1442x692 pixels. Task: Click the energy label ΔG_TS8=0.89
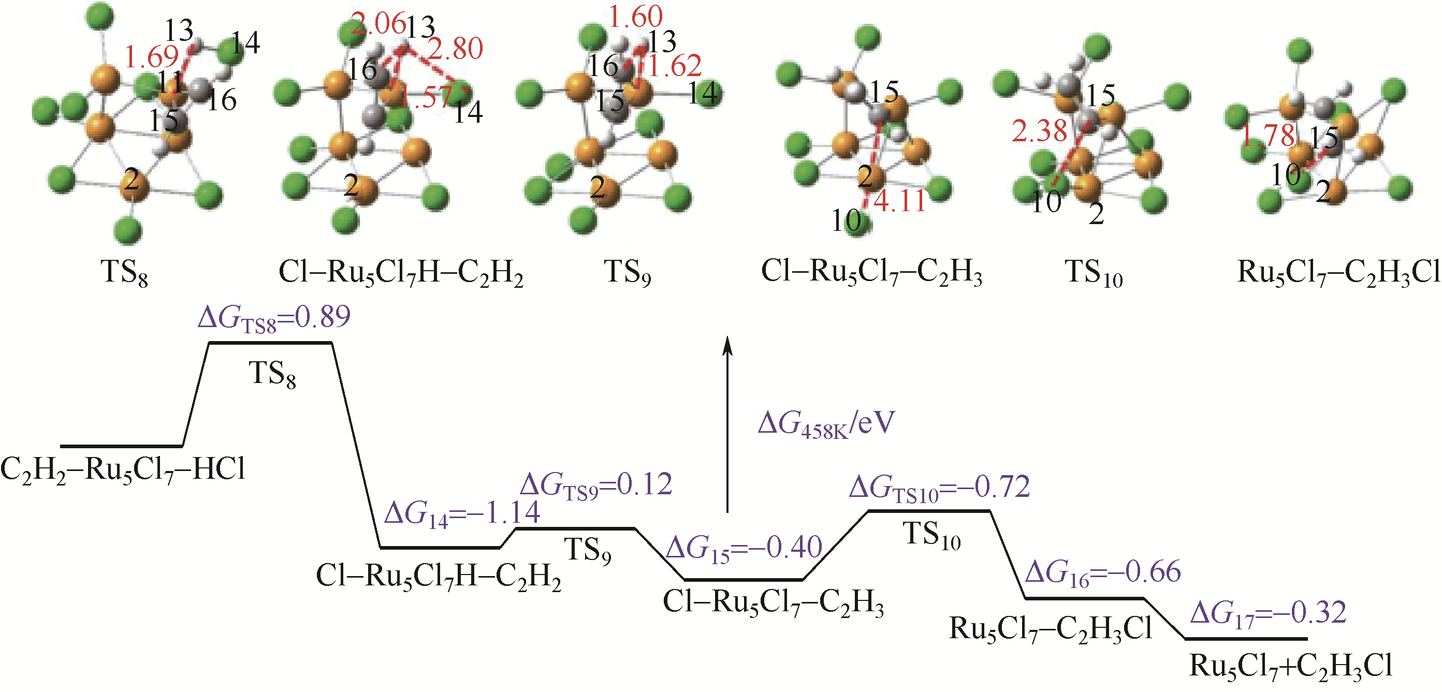click(x=274, y=318)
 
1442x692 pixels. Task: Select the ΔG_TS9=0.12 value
click(x=596, y=485)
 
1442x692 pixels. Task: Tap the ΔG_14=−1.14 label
click(x=462, y=513)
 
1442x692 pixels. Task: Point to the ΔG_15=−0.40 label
click(x=745, y=548)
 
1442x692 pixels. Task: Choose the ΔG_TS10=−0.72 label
click(x=939, y=487)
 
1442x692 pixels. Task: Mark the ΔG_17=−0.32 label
click(x=1268, y=614)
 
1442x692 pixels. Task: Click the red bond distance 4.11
click(x=899, y=201)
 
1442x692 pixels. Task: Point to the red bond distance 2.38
click(x=1039, y=132)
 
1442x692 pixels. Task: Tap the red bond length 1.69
click(x=151, y=57)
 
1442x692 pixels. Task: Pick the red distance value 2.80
click(x=455, y=49)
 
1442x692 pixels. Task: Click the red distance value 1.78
click(x=1269, y=136)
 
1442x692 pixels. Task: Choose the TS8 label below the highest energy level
click(x=272, y=374)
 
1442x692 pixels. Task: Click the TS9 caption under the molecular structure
click(x=628, y=274)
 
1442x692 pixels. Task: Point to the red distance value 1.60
click(x=635, y=17)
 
